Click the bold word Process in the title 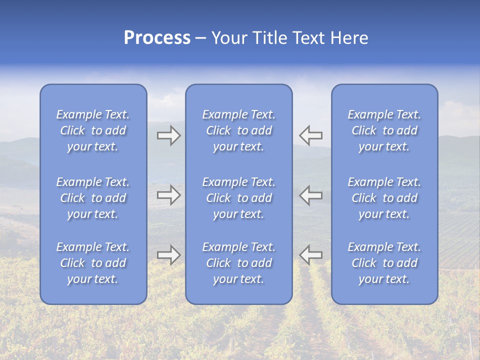(157, 38)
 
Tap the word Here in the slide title (349, 38)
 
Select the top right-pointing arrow (168, 135)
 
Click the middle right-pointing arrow (168, 195)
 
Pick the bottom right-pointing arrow (168, 254)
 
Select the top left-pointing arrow (311, 135)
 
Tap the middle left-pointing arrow (311, 195)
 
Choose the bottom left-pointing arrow (311, 254)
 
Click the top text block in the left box (93, 130)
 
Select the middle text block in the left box (93, 198)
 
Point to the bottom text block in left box (93, 263)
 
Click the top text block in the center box (238, 130)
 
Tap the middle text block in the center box (238, 198)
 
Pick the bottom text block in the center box (238, 263)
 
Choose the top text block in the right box (384, 130)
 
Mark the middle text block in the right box (384, 198)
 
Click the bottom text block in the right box (384, 263)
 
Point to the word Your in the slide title (229, 38)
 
